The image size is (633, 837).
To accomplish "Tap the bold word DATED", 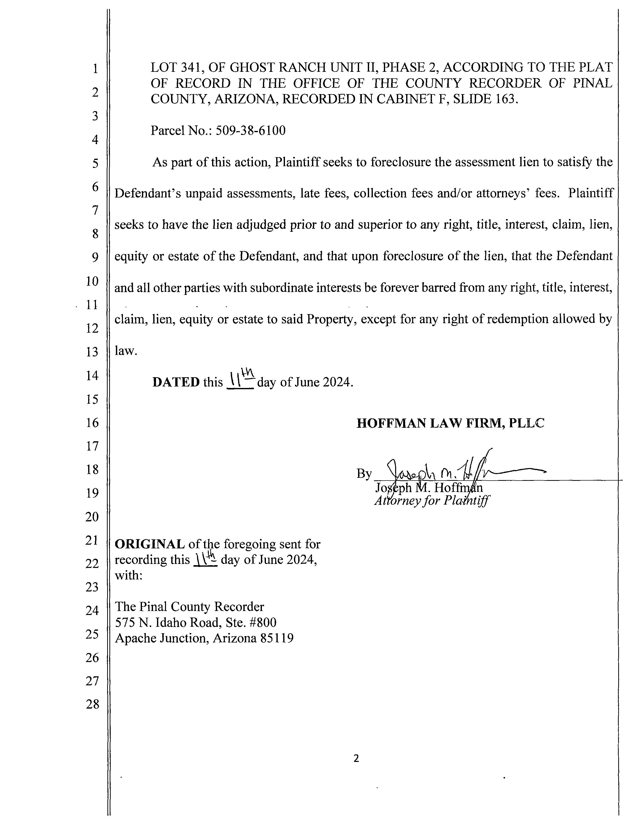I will pyautogui.click(x=176, y=382).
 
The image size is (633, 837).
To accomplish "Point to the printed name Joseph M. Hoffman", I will pyautogui.click(x=429, y=488).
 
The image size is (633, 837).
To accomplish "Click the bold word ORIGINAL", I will pyautogui.click(x=149, y=544).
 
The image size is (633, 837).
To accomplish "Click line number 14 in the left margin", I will pyautogui.click(x=92, y=375).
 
